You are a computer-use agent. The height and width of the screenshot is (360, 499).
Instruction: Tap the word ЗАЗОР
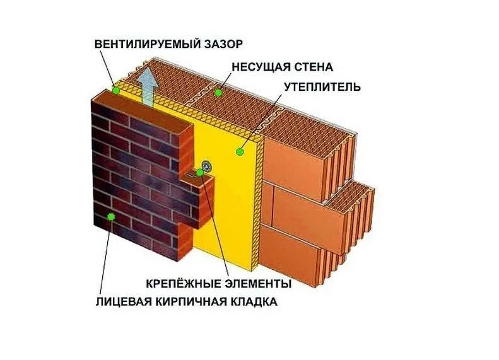point(225,44)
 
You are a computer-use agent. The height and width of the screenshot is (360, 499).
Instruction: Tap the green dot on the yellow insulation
point(240,151)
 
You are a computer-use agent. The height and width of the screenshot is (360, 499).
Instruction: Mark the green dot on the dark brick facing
point(111,217)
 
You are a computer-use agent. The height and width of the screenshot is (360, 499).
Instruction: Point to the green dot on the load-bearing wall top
point(218,93)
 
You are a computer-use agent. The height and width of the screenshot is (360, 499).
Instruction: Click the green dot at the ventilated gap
point(116,90)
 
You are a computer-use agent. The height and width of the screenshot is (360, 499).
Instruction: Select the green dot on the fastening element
point(200,171)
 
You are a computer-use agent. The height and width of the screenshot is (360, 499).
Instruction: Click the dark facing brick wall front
point(136,177)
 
